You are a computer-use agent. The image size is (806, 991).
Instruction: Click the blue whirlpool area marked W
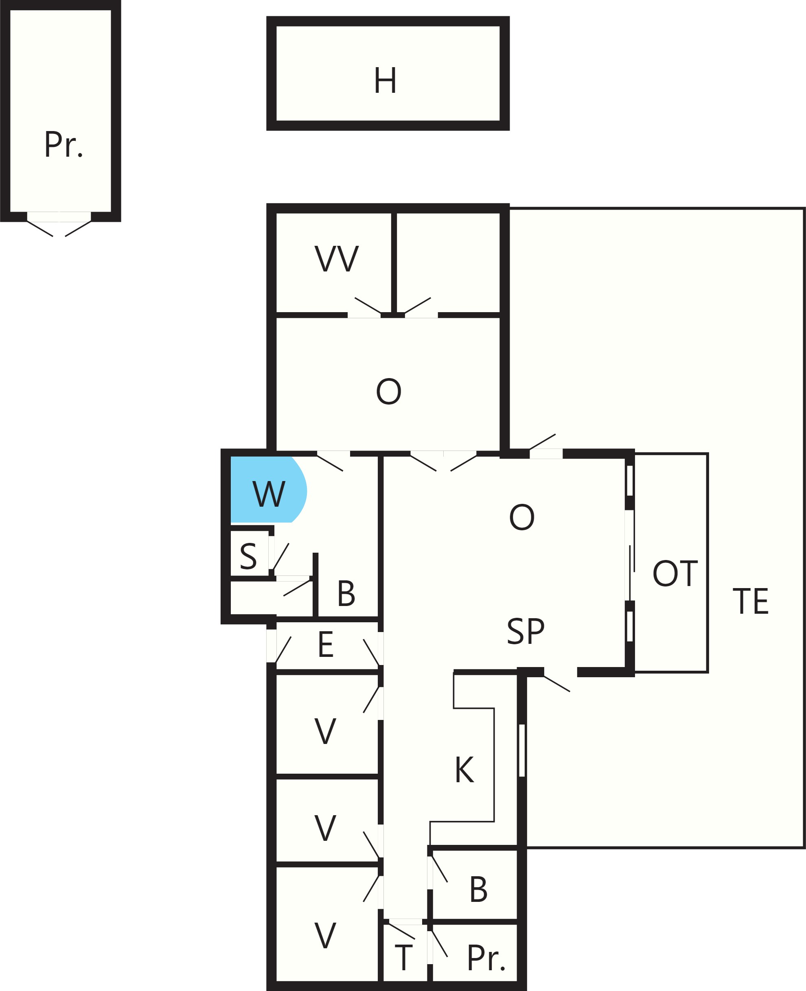pos(268,490)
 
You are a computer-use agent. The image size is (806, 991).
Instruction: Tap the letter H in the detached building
pos(385,80)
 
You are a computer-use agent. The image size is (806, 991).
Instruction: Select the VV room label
pos(337,258)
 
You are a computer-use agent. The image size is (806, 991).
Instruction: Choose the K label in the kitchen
pos(464,770)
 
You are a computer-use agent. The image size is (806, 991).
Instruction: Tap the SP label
pos(526,631)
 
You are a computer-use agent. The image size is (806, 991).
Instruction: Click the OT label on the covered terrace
pos(675,573)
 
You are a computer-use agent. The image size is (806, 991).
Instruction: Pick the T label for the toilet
pos(403,957)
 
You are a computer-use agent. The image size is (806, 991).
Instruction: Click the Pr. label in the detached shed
pos(64,144)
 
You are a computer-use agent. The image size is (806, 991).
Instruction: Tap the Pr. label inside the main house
pos(486,957)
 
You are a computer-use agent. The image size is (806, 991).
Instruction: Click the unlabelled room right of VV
pos(448,263)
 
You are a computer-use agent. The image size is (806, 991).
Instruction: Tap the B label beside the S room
pos(346,593)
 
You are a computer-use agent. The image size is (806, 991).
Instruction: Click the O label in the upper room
pos(389,391)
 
